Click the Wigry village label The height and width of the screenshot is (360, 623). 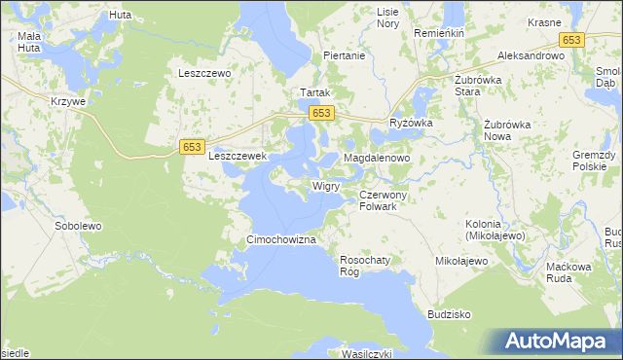(x=325, y=184)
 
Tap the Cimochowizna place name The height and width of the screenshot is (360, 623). (x=280, y=239)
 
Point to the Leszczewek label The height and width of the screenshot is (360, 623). (x=238, y=154)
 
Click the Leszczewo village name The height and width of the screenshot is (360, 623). (x=202, y=73)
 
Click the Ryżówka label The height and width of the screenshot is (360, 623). (x=411, y=124)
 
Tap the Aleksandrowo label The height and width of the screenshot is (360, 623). (x=531, y=56)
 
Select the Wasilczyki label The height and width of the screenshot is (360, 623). (x=365, y=354)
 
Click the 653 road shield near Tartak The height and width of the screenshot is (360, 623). (x=322, y=114)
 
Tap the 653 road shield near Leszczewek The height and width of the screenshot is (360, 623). (x=192, y=146)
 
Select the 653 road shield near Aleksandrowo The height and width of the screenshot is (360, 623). (x=571, y=39)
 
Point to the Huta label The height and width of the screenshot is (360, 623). (x=121, y=16)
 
